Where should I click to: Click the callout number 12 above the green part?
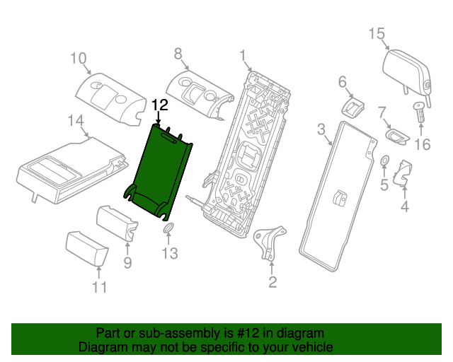(159, 105)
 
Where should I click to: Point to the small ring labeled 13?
(168, 228)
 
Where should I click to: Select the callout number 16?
(422, 145)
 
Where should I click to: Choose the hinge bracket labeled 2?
(270, 240)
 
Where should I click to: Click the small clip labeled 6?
(352, 107)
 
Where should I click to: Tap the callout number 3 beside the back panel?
(321, 129)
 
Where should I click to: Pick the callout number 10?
(78, 58)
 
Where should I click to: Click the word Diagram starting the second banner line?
(103, 347)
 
